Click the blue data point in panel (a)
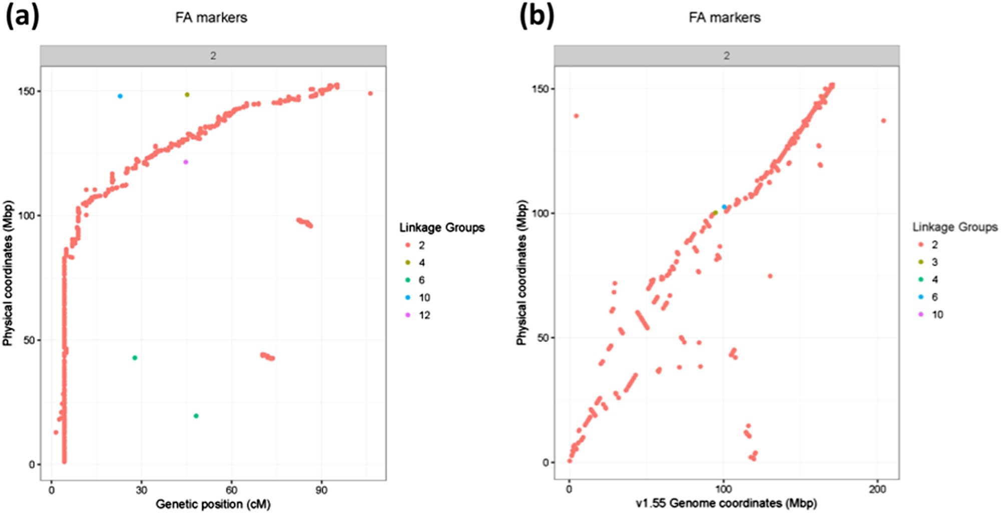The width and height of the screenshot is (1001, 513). [x=120, y=96]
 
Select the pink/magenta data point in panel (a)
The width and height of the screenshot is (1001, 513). [x=186, y=162]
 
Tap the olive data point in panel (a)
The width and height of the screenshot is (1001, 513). [x=187, y=95]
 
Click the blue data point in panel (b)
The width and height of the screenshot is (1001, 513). [x=724, y=207]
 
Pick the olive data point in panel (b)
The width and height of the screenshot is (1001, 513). [x=715, y=213]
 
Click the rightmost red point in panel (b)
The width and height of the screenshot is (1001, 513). [x=883, y=121]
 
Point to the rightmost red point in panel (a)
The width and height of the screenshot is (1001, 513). [x=370, y=94]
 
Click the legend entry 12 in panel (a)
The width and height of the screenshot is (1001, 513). [x=424, y=315]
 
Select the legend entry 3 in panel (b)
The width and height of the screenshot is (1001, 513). [x=934, y=262]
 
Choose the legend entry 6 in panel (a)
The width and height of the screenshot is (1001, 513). [x=421, y=280]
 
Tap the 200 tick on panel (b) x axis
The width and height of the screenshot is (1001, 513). [x=877, y=489]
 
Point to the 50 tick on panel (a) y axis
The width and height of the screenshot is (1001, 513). [x=31, y=340]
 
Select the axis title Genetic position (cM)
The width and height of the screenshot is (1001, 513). [x=213, y=504]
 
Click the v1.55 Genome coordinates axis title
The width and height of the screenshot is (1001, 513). [x=726, y=503]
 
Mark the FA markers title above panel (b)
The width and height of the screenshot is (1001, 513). [x=724, y=18]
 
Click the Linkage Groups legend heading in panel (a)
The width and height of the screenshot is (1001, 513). [x=441, y=228]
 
